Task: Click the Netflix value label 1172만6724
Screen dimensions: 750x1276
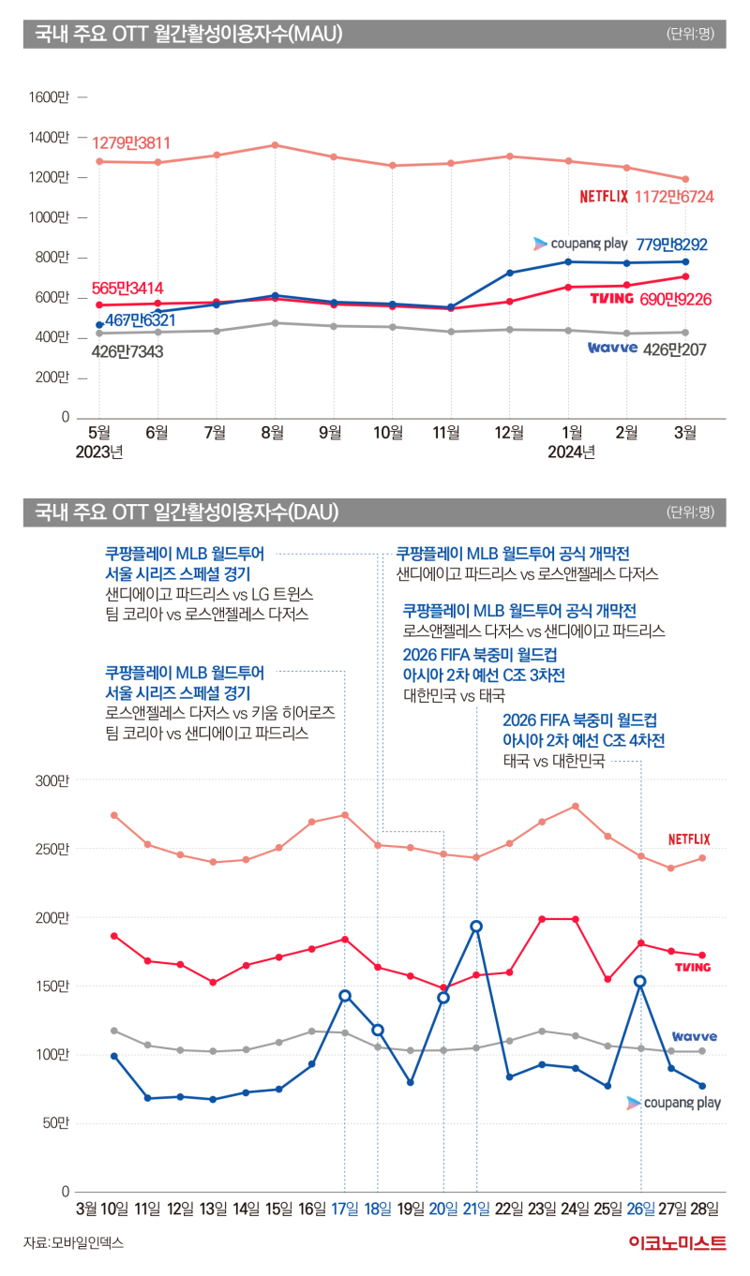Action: (674, 197)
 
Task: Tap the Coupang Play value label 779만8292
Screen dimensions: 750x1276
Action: (671, 245)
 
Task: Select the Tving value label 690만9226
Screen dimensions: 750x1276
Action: (675, 300)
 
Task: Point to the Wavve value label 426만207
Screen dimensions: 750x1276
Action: (674, 349)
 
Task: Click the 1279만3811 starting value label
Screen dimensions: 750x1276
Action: (131, 143)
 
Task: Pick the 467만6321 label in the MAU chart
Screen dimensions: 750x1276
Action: (141, 320)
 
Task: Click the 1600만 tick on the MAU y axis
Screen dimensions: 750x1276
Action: (49, 97)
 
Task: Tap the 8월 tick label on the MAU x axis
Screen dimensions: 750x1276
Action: (273, 433)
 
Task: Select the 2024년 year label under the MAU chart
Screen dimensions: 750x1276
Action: (571, 453)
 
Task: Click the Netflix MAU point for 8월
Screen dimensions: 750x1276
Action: (275, 145)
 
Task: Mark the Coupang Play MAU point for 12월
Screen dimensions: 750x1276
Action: (509, 273)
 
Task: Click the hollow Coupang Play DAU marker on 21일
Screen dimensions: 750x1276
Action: (476, 927)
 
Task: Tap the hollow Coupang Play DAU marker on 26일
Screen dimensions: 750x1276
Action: (640, 982)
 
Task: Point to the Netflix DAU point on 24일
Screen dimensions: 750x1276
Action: (575, 806)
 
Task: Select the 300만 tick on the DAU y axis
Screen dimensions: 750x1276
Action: (52, 780)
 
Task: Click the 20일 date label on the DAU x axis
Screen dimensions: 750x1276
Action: (443, 1209)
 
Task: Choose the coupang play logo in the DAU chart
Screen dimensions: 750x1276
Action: (674, 1103)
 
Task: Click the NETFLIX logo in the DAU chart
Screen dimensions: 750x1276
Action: (689, 839)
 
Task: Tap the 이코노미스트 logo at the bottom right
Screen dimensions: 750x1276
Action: (678, 1243)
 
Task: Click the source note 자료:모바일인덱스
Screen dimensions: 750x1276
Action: (73, 1243)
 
